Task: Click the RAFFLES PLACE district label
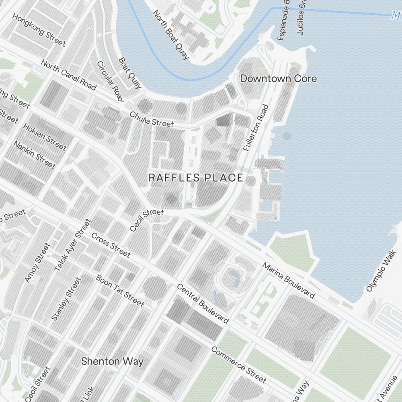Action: [x=196, y=178]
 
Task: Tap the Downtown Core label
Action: [x=278, y=78]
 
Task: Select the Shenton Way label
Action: [x=112, y=361]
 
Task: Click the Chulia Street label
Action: [x=152, y=119]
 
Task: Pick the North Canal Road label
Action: [x=68, y=75]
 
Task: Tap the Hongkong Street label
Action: [x=39, y=30]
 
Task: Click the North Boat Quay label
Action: [x=170, y=35]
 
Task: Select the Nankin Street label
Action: [x=34, y=154]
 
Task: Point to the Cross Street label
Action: [x=111, y=244]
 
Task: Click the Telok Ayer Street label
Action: [x=73, y=244]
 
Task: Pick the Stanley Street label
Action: [x=66, y=299]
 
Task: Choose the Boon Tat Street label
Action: [x=119, y=290]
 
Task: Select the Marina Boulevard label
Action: [x=289, y=281]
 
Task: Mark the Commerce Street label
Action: [x=238, y=365]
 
